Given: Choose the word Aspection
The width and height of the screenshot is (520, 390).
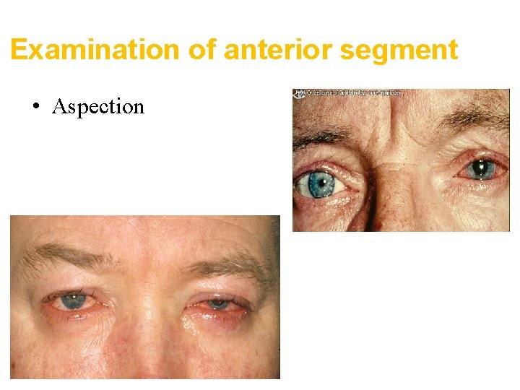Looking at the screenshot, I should tap(98, 107).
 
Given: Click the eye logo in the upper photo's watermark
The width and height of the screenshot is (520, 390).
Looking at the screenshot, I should tap(298, 93).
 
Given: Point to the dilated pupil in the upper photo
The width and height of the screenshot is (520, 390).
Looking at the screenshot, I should tap(480, 170).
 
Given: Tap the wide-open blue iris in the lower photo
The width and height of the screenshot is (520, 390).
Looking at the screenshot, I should tap(73, 301).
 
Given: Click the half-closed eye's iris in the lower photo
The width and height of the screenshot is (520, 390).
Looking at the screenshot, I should tap(218, 304).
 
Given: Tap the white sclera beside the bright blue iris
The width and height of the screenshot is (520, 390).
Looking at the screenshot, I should tap(342, 185).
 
